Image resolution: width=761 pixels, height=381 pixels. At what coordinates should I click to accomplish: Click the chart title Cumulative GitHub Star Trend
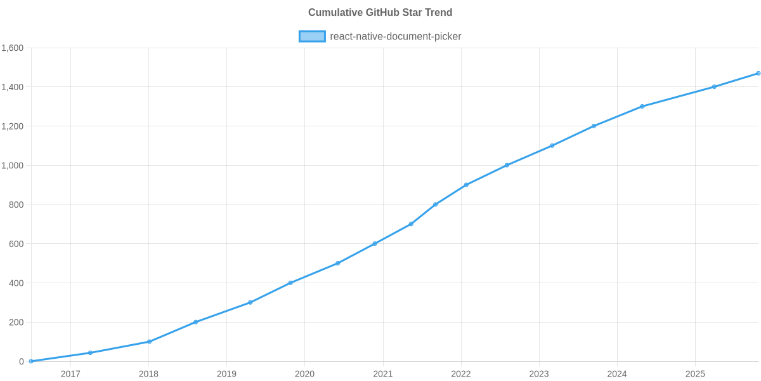(x=380, y=13)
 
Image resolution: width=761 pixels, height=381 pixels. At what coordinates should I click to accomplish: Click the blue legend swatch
(x=311, y=36)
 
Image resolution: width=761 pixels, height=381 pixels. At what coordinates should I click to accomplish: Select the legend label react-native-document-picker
(x=396, y=36)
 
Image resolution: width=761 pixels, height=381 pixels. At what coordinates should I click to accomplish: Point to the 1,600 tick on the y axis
(x=13, y=48)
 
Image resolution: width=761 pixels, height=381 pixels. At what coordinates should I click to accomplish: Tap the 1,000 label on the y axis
(x=13, y=166)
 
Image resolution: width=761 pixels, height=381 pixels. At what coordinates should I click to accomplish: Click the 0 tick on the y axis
(x=22, y=361)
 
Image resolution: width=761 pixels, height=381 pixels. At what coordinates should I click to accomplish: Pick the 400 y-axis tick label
(x=16, y=283)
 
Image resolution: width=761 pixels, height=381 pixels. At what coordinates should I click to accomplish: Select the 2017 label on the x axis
(x=70, y=374)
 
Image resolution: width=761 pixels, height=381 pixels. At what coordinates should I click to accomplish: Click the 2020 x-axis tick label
(x=304, y=374)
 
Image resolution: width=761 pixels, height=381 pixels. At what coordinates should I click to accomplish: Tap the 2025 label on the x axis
(x=695, y=374)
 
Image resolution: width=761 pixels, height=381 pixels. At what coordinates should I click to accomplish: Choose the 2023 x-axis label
(x=539, y=374)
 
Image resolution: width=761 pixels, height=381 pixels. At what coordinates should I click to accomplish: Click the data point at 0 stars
(x=30, y=361)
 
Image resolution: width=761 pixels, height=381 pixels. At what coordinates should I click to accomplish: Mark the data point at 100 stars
(x=149, y=342)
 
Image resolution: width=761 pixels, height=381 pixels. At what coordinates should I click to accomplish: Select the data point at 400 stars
(x=290, y=283)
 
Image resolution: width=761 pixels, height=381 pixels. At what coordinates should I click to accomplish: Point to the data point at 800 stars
(x=435, y=204)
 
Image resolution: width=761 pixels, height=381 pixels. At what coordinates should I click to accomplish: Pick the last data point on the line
(x=758, y=73)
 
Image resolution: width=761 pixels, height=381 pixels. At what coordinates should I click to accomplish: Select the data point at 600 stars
(x=375, y=243)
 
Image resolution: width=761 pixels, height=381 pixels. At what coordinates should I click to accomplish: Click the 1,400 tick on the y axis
(x=13, y=88)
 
